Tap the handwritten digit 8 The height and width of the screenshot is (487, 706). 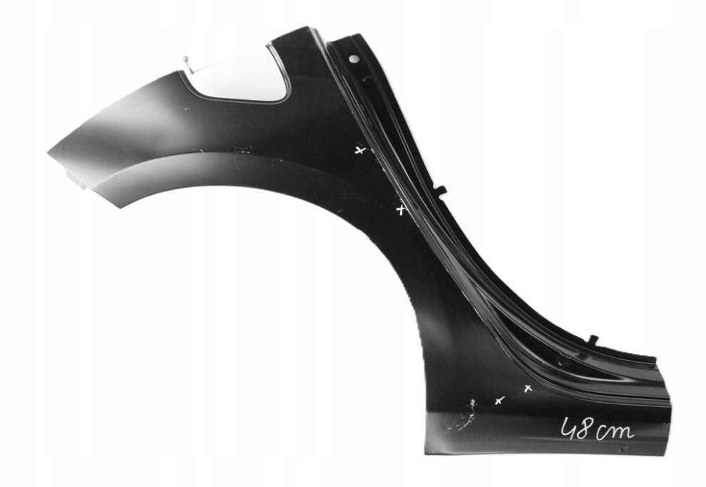coord(584,428)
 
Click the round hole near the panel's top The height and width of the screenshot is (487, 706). coord(354,59)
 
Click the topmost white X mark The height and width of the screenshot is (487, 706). coord(359,150)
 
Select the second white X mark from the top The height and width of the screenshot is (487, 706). coord(400,210)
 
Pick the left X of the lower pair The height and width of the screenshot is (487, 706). coord(499,401)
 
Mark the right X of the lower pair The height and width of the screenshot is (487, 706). coord(528,388)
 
